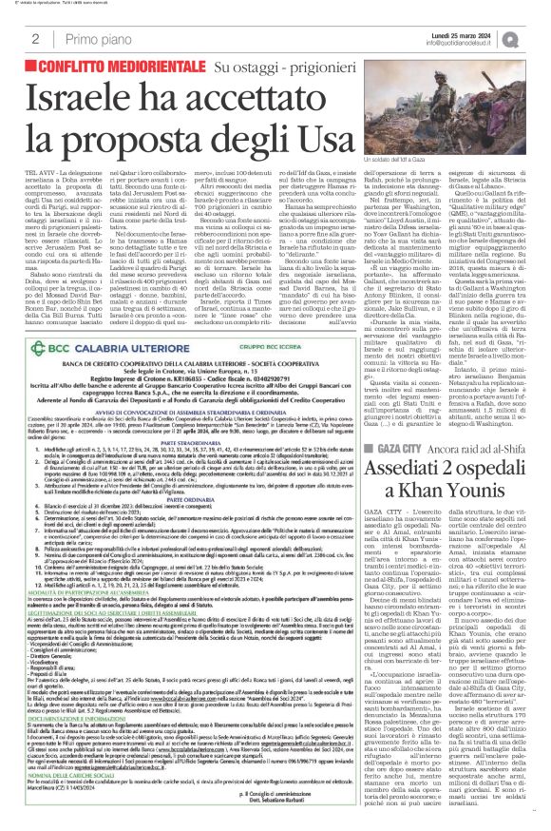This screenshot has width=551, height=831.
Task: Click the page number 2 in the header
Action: tap(34, 39)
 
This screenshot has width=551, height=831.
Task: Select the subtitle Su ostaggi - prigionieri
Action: tap(275, 70)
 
